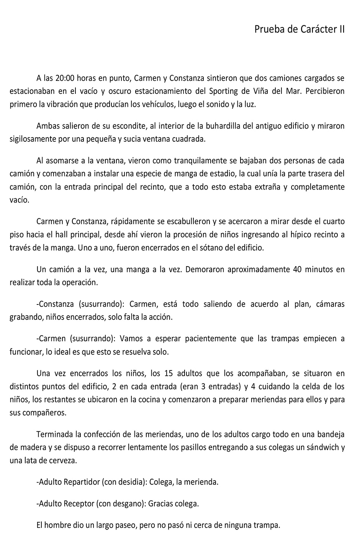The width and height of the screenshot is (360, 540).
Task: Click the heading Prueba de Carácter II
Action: tap(299, 29)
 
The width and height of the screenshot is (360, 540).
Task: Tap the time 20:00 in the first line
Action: tap(64, 78)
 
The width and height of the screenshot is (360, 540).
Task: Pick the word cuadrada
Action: tap(190, 139)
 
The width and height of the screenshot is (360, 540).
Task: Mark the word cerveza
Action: tap(63, 461)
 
